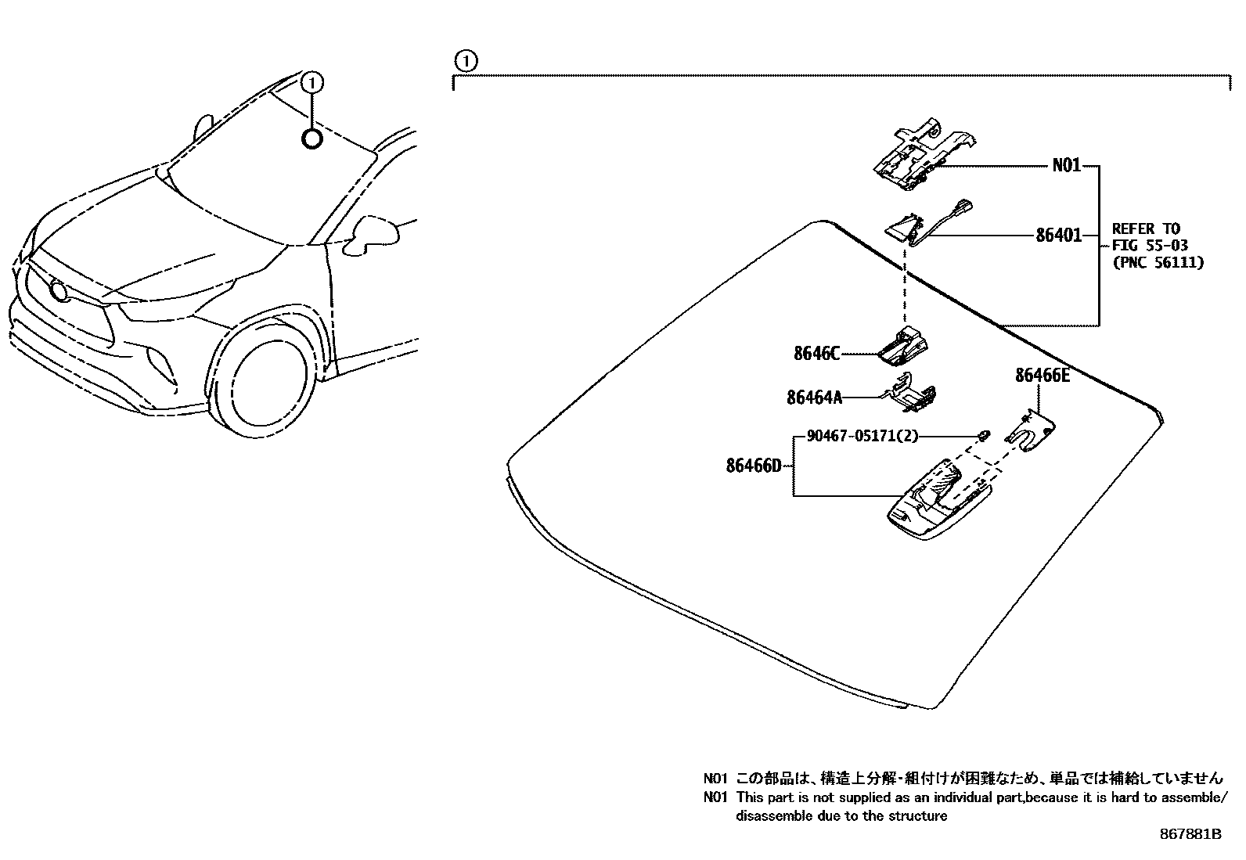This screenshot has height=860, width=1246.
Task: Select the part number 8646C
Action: click(816, 354)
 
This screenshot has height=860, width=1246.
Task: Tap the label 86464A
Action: click(814, 398)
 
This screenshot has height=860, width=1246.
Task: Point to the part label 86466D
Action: click(753, 466)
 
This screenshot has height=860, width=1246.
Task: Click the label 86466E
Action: click(1042, 376)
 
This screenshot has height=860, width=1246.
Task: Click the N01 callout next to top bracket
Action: click(1066, 165)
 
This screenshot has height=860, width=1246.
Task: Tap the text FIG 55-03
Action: click(1150, 246)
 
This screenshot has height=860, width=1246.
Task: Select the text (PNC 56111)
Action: click(1158, 263)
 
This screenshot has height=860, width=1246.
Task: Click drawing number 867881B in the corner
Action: click(1190, 834)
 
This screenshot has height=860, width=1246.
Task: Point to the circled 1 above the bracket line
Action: click(465, 60)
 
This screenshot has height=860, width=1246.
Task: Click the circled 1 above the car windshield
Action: click(312, 81)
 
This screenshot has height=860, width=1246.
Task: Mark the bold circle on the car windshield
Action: click(311, 139)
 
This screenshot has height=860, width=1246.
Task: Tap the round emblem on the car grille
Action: click(58, 292)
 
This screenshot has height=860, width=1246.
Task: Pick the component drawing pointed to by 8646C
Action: click(903, 347)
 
